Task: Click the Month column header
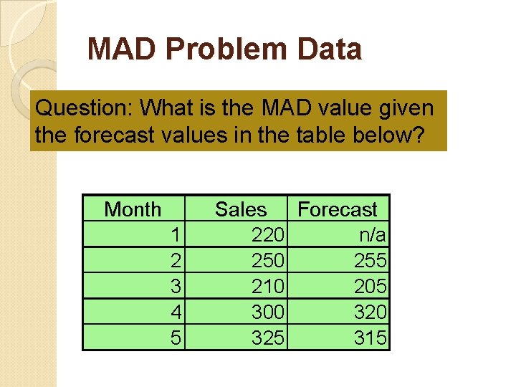coord(133,209)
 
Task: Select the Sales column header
coord(240,209)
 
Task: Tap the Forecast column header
coord(337,209)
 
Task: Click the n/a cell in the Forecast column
coord(373,234)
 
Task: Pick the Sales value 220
coord(269,234)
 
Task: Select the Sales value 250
coord(269,260)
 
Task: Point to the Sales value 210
coord(269,286)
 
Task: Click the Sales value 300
coord(269,312)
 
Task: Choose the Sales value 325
coord(269,338)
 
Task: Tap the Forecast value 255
coord(371,260)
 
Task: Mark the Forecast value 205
coord(371,286)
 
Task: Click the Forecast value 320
coord(371,312)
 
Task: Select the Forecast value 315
coord(371,338)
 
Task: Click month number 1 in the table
coord(175,234)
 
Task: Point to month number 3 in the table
coord(175,286)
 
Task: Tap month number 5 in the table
coord(175,338)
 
